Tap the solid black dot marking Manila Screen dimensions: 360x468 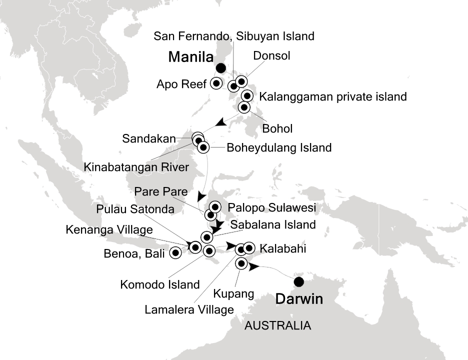coord(220,68)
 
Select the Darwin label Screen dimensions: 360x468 coord(298,300)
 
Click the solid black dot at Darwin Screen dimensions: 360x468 coord(299,282)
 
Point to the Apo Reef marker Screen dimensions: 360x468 coord(216,83)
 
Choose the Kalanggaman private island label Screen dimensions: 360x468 coord(332,96)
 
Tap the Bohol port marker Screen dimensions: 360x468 coord(244,107)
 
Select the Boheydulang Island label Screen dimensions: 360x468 coord(279,147)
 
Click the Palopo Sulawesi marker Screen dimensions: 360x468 coord(215,206)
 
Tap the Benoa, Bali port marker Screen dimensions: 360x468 coord(175,252)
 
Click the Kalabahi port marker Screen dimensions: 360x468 coord(249,247)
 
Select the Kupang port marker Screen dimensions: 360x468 coord(241,263)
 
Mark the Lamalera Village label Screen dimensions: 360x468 coord(189,309)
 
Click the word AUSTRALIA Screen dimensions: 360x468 coord(277,326)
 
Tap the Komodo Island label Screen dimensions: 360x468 coord(160,284)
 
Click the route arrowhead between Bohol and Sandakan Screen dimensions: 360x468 coord(218,122)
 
